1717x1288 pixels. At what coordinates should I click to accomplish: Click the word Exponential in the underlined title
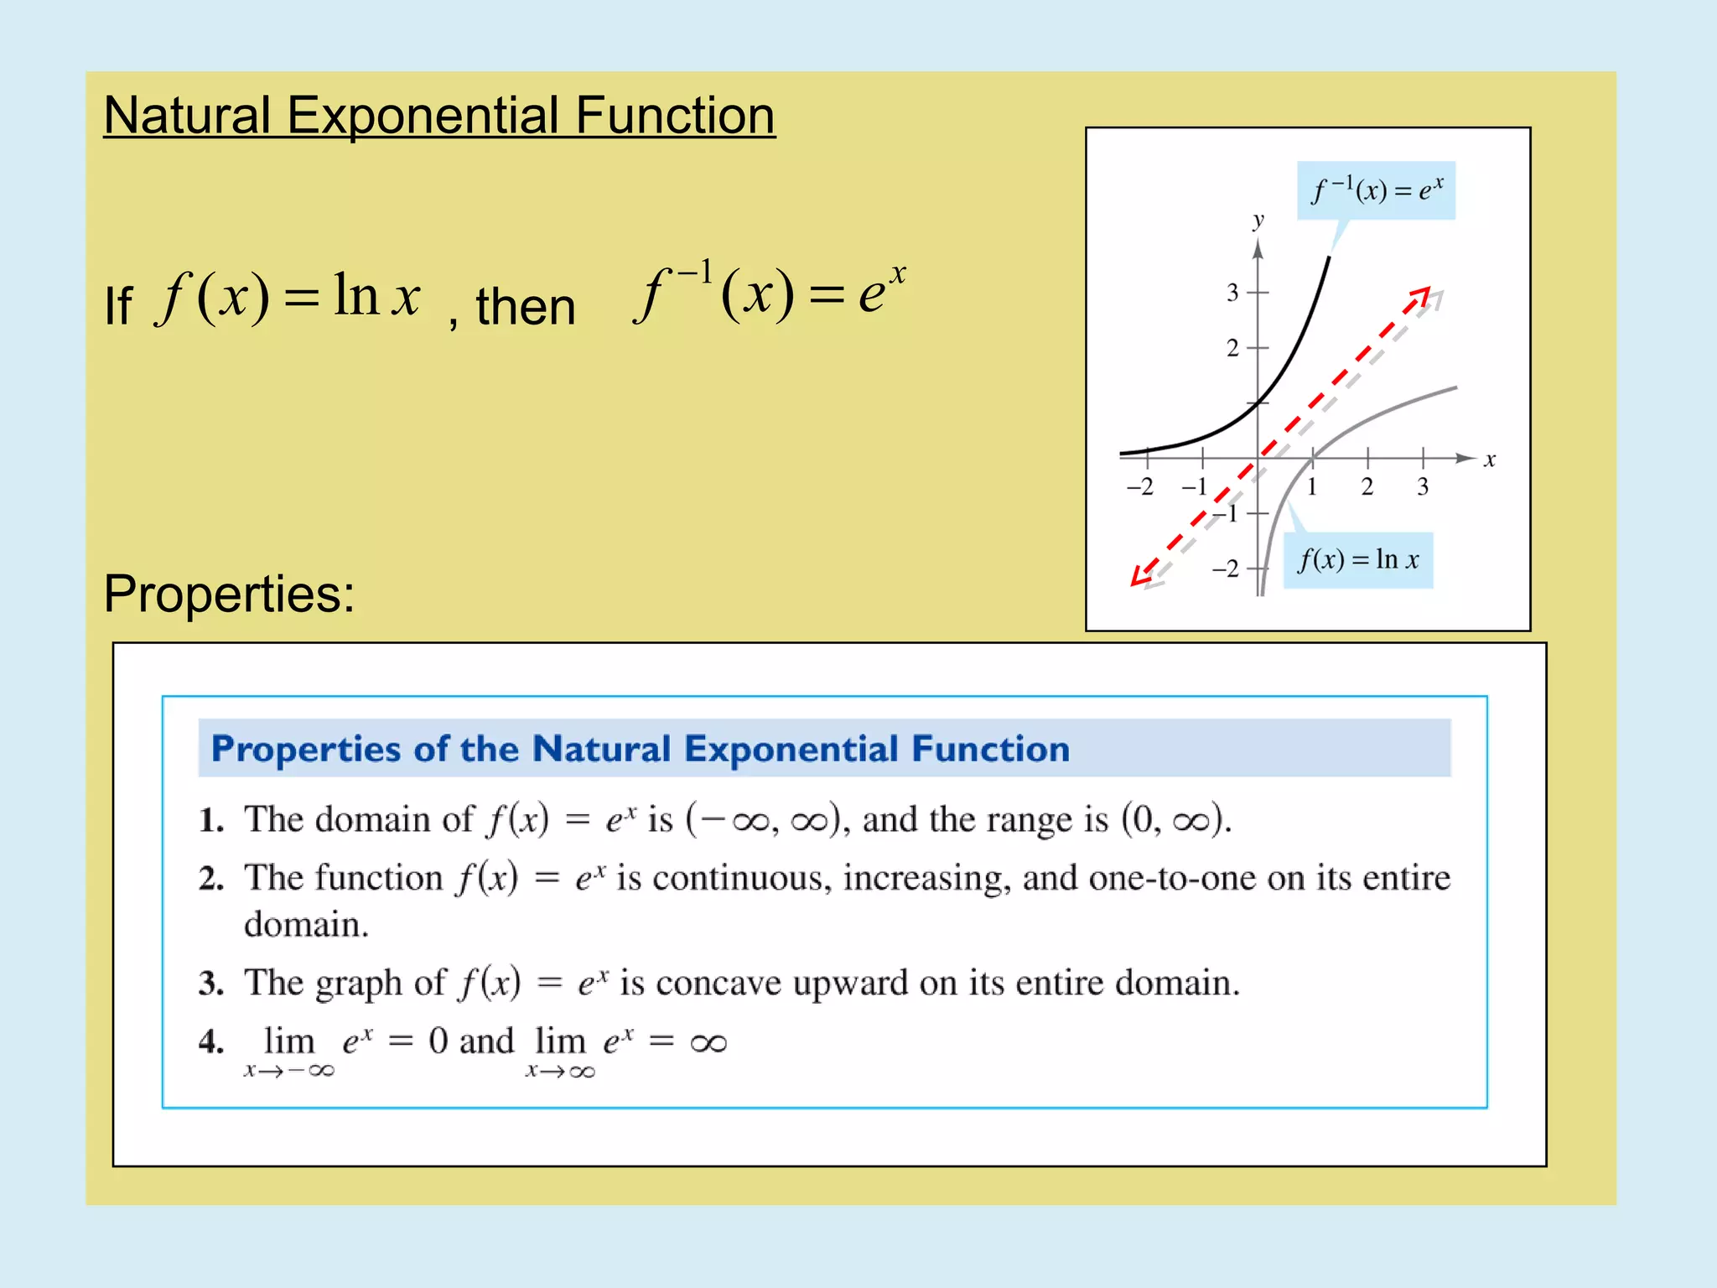coord(423,116)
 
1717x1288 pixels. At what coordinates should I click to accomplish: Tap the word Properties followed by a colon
coord(228,594)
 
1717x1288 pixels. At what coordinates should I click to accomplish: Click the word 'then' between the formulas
coord(526,306)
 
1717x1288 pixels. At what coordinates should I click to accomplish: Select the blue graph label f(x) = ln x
coord(1358,560)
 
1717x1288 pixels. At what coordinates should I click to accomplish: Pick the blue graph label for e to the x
coord(1377,190)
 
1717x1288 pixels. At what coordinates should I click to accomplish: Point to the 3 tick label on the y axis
coord(1232,293)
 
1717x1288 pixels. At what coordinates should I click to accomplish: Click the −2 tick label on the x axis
coord(1139,487)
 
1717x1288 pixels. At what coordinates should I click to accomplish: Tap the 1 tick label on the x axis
coord(1312,487)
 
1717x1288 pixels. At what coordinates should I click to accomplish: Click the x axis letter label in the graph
coord(1490,460)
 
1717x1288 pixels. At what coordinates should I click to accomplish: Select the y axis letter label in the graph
coord(1258,221)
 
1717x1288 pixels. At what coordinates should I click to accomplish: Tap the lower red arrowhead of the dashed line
coord(1140,576)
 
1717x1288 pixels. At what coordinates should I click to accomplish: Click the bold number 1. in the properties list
coord(211,820)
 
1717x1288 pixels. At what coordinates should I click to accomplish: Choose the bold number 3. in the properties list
coord(211,984)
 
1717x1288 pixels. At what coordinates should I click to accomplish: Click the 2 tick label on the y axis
coord(1232,348)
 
